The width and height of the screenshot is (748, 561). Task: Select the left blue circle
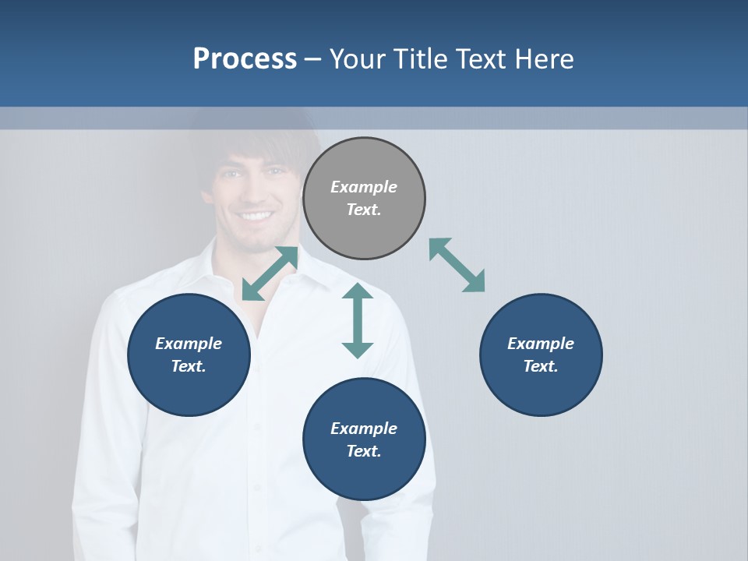click(189, 355)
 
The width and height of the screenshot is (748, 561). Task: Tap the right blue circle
click(541, 355)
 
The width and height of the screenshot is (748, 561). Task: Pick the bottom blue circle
click(364, 439)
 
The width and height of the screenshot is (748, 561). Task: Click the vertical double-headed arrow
click(358, 320)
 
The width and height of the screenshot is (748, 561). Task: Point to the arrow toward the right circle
click(457, 265)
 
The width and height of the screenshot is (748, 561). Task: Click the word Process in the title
click(245, 58)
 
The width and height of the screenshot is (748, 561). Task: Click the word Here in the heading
click(543, 58)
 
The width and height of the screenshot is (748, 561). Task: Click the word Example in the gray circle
click(364, 187)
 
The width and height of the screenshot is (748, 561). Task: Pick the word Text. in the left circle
click(189, 366)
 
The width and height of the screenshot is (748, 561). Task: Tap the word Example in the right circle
click(541, 344)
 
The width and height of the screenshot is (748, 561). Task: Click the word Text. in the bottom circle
click(364, 451)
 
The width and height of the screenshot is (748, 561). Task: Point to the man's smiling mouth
click(256, 216)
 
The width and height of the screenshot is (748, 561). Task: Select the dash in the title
click(313, 59)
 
